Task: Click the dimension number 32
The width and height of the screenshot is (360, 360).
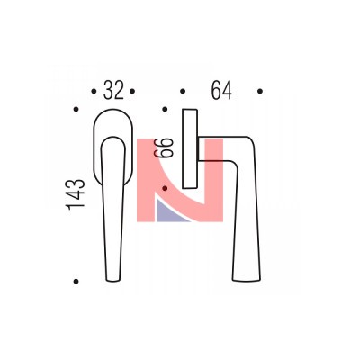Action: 113,90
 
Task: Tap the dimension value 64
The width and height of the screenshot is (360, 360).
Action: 221,90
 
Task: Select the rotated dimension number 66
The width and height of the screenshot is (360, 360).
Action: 164,148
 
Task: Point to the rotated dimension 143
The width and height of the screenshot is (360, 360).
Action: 76,194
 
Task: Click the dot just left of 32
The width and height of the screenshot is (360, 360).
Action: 94,91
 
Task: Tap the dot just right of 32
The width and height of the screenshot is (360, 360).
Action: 132,91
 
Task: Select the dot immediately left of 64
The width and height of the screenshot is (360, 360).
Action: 183,91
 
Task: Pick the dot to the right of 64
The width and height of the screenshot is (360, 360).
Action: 260,91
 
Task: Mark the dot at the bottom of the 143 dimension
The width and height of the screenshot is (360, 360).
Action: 76,281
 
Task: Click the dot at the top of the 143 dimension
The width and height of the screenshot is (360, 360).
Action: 76,110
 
